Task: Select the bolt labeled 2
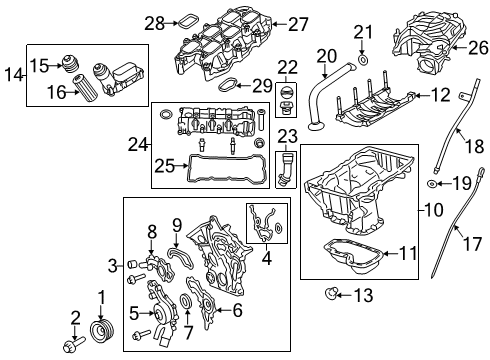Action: click(71, 346)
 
